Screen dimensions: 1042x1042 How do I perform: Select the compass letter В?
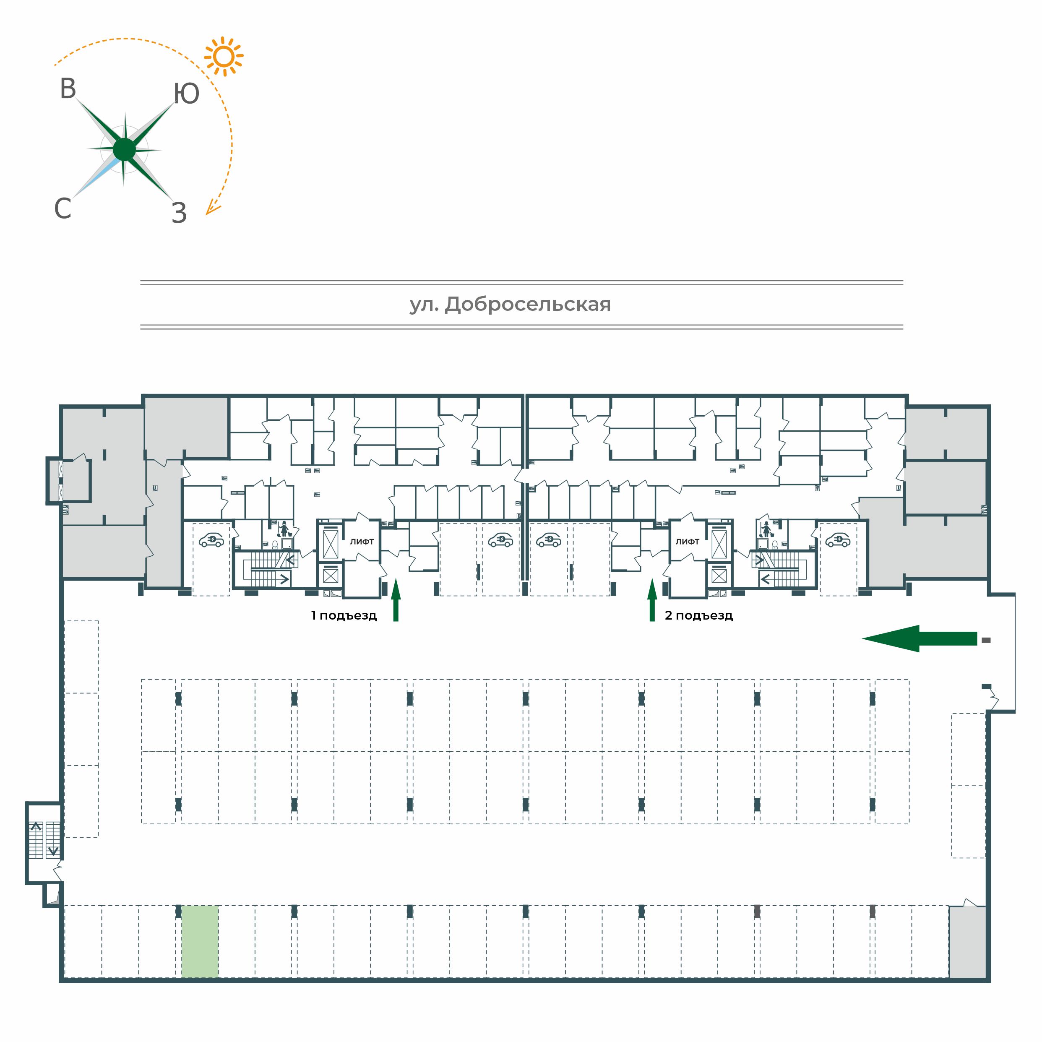tap(68, 89)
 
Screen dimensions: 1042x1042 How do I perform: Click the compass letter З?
tap(179, 213)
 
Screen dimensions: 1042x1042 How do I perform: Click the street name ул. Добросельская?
tap(510, 305)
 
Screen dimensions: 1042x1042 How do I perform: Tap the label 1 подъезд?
tap(344, 615)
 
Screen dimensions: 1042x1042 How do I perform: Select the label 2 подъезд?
tap(698, 615)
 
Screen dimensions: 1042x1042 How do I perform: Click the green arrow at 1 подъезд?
tap(396, 600)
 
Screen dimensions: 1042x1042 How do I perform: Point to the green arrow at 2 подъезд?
tap(652, 600)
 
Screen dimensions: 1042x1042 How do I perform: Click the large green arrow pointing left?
tap(919, 638)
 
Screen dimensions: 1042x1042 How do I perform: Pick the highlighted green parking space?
tap(200, 941)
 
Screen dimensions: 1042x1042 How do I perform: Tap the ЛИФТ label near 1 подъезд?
tap(362, 542)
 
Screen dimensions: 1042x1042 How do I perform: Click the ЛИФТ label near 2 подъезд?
tap(687, 542)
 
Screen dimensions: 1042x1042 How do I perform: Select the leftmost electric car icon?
tap(211, 540)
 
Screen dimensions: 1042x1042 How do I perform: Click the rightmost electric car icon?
tap(838, 540)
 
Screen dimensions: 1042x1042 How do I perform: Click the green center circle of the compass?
tap(125, 149)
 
